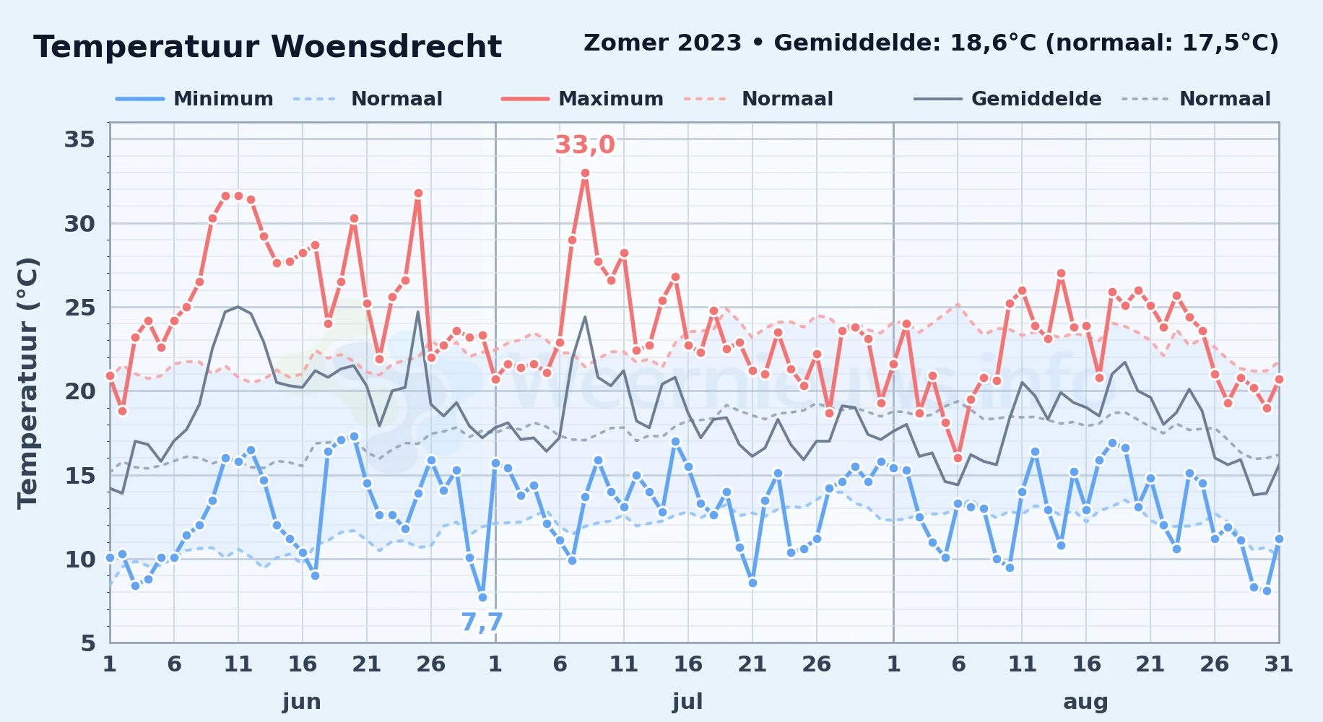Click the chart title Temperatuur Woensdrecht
tap(267, 47)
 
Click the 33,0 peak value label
tap(585, 145)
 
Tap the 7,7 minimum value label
tap(482, 622)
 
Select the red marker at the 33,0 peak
tap(585, 173)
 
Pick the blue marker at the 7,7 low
tap(482, 597)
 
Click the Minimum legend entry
tap(195, 99)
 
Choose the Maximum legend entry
tap(583, 99)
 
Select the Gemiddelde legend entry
tap(1008, 99)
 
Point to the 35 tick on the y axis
tap(79, 139)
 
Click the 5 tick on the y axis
tap(88, 643)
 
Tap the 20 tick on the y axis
tap(79, 391)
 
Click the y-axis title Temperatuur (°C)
tap(27, 383)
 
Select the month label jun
tap(302, 702)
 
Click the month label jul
tap(687, 702)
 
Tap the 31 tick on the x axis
tap(1278, 664)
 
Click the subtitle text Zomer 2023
tap(663, 43)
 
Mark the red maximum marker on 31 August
tap(1279, 379)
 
